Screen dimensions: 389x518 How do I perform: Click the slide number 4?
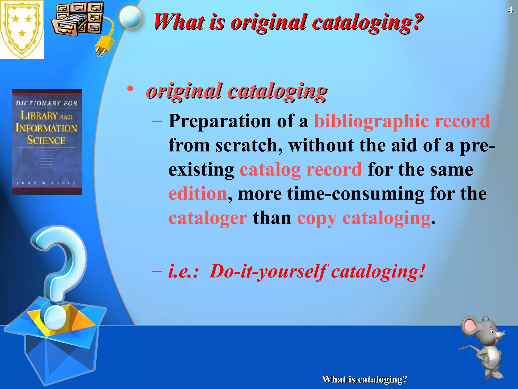click(510, 10)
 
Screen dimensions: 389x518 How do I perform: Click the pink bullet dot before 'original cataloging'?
click(130, 89)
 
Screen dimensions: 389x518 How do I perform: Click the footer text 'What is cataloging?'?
click(364, 379)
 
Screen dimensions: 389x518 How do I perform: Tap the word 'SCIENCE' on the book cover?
click(47, 140)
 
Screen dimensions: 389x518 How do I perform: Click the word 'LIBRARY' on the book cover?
click(39, 116)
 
